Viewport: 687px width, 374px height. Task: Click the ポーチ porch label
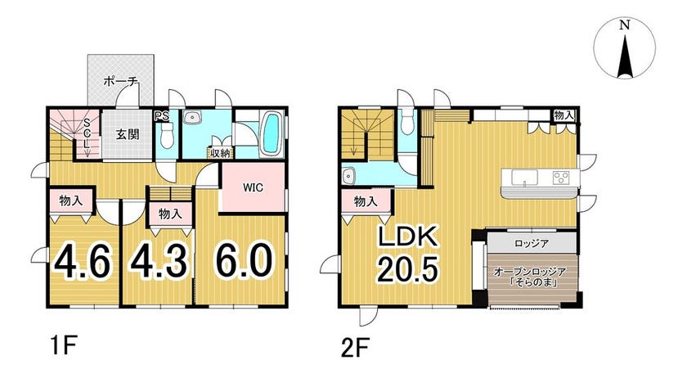point(121,81)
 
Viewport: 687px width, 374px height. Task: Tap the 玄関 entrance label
point(128,134)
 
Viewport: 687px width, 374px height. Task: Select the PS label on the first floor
point(161,117)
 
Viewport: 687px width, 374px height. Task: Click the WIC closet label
point(254,187)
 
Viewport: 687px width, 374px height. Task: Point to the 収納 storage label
point(220,154)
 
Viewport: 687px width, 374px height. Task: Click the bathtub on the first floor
point(272,133)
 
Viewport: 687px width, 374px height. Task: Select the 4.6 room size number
point(82,262)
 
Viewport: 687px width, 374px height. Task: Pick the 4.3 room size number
point(159,262)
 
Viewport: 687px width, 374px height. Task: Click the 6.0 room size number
point(244,260)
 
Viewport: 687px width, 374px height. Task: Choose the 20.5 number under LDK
point(407,269)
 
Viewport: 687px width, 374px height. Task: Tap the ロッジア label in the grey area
point(532,243)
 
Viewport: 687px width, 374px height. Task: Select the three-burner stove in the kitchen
point(560,178)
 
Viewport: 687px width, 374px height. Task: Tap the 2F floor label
point(355,348)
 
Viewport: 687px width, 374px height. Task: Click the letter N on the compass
point(625,25)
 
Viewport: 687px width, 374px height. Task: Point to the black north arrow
point(625,56)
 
